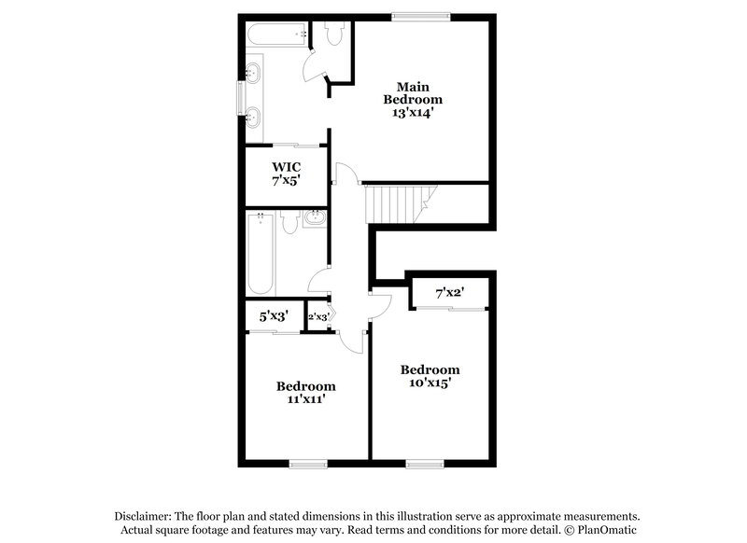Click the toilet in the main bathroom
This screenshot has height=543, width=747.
click(333, 33)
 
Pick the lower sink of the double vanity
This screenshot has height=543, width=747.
click(254, 117)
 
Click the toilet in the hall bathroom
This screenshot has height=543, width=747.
click(289, 222)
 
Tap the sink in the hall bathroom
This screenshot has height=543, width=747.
click(314, 219)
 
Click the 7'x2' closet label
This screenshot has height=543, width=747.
click(450, 293)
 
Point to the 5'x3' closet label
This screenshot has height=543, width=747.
click(273, 316)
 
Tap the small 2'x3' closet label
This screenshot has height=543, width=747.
click(318, 316)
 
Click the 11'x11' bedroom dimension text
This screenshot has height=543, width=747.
click(305, 399)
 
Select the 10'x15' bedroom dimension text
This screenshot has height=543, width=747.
click(430, 383)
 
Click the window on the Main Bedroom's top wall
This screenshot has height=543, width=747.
click(420, 15)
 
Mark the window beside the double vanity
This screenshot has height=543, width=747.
click(242, 95)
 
